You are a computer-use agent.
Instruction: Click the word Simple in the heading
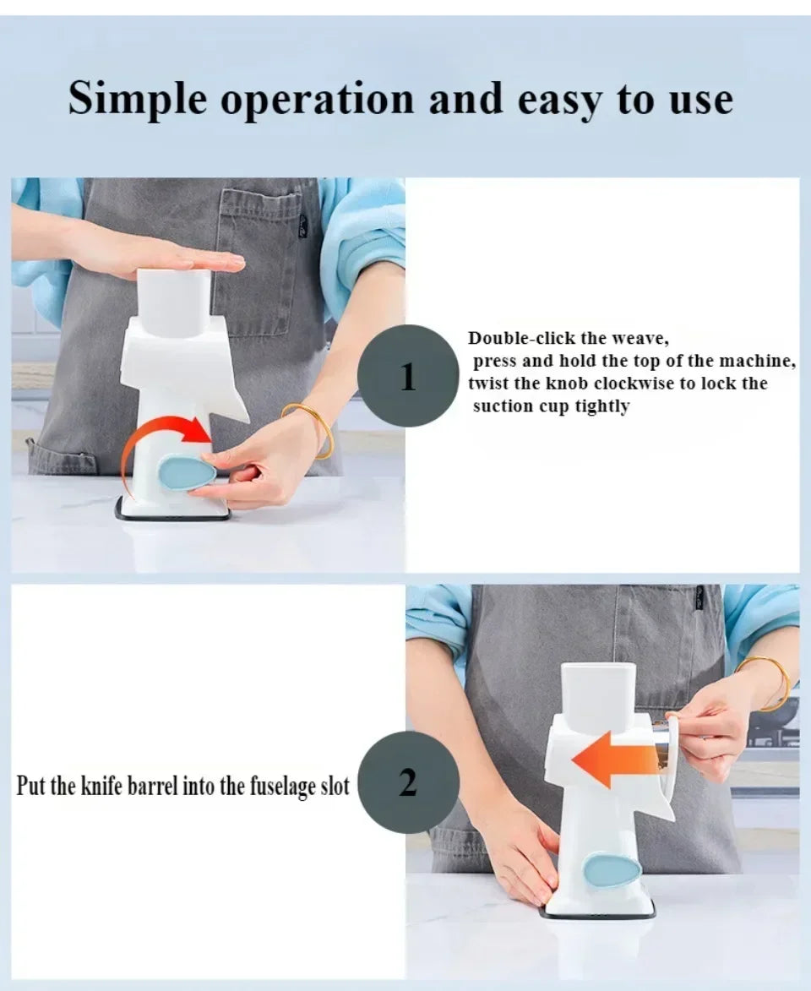click(137, 99)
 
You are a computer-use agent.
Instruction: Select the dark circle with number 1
click(408, 376)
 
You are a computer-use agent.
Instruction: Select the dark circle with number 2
click(408, 782)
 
